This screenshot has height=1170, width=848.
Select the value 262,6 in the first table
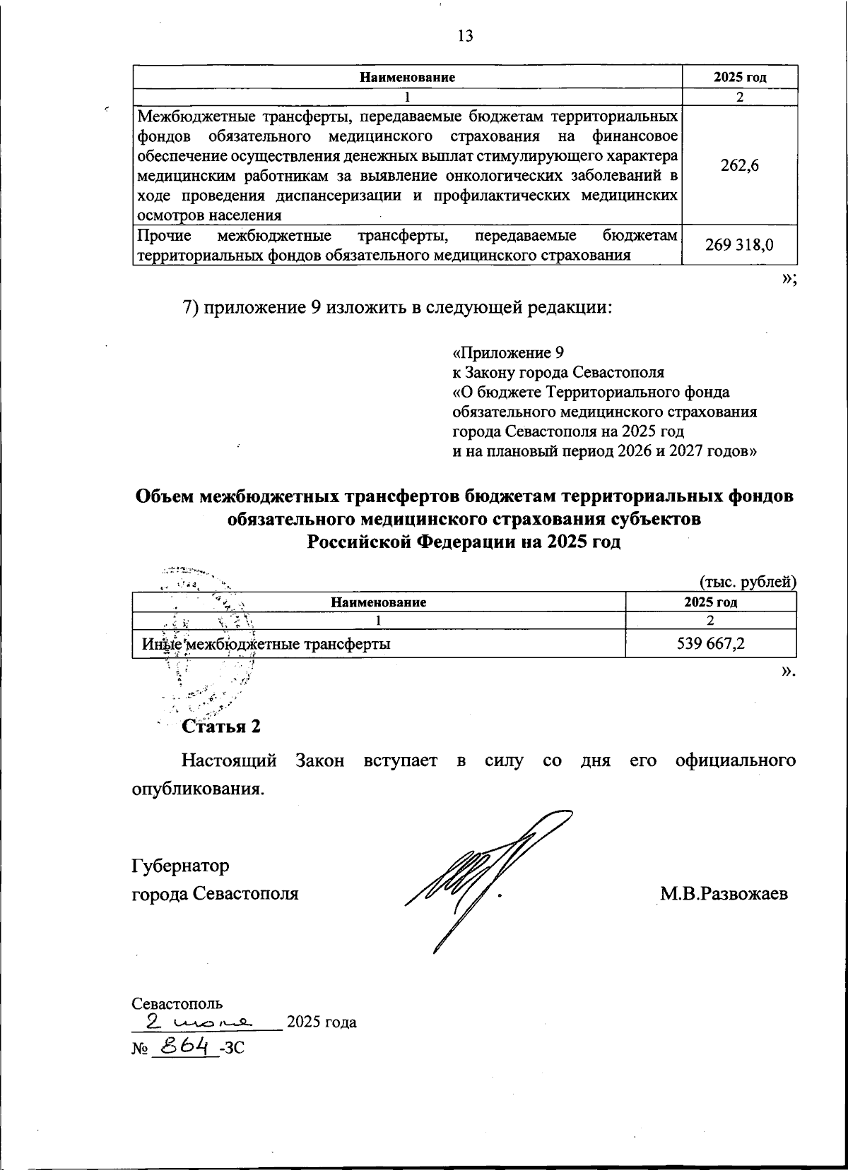tap(739, 165)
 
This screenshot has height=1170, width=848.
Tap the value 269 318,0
tap(739, 244)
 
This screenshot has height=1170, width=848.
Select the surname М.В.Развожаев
tap(724, 893)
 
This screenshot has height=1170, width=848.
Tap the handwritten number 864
tap(179, 1046)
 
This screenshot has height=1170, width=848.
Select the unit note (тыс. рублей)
tap(748, 582)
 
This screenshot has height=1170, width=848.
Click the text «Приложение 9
tap(508, 352)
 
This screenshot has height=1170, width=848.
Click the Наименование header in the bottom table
tap(378, 602)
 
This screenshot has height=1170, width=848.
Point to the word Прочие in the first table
tap(163, 235)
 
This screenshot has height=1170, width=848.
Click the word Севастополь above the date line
tap(177, 1003)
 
